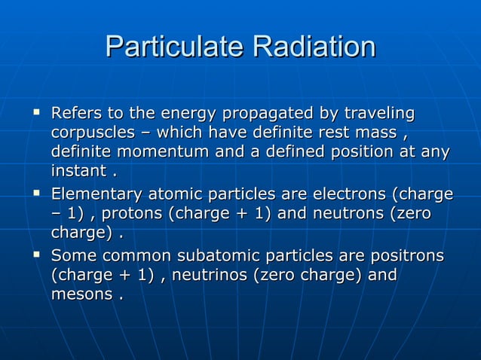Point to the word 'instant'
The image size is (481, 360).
[x=78, y=172]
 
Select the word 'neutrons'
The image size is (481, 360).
[x=348, y=214]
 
